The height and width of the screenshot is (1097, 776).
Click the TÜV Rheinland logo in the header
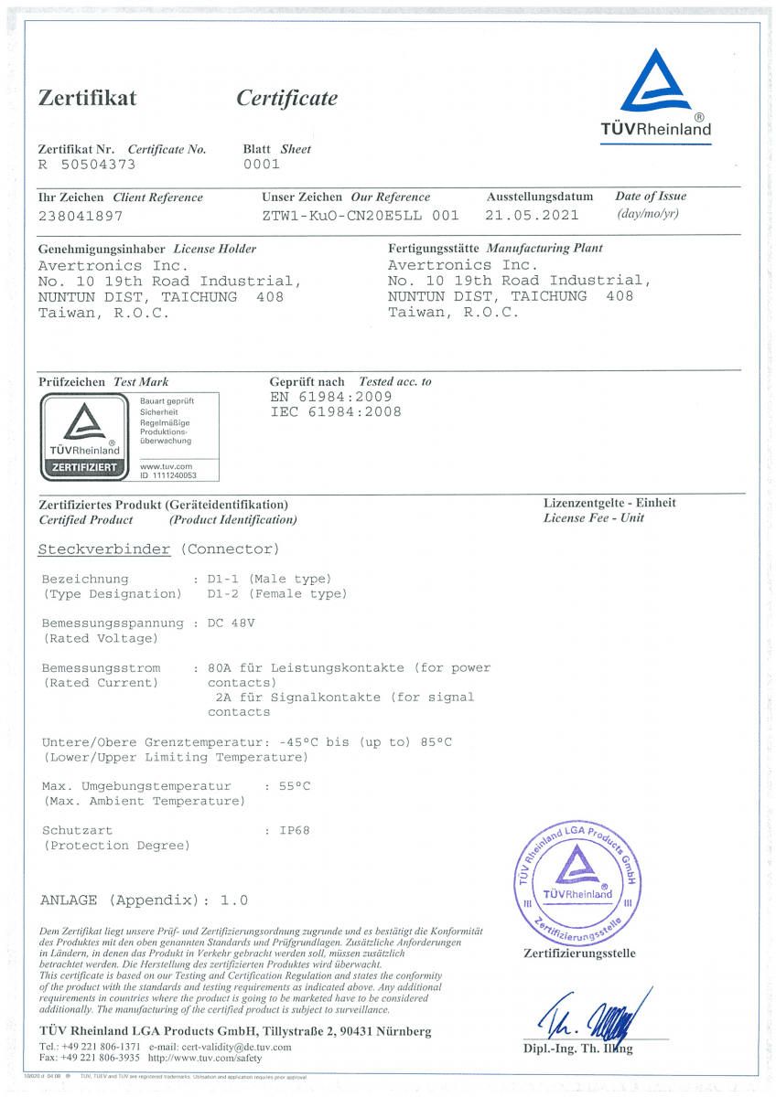pyautogui.click(x=655, y=91)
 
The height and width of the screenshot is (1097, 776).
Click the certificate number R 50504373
pyautogui.click(x=87, y=165)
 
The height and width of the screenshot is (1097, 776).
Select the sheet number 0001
pyautogui.click(x=262, y=165)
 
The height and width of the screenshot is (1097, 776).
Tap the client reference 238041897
pyautogui.click(x=81, y=216)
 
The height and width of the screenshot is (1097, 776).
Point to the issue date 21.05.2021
pyautogui.click(x=533, y=216)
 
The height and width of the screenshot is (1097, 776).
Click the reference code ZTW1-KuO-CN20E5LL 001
pyautogui.click(x=360, y=216)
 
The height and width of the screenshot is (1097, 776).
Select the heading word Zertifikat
pyautogui.click(x=87, y=99)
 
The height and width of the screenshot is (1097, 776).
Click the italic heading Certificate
pyautogui.click(x=286, y=99)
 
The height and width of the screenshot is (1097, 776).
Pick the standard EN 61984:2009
pyautogui.click(x=331, y=397)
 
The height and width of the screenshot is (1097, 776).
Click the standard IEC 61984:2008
pyautogui.click(x=336, y=412)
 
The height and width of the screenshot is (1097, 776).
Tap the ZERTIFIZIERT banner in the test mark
pyautogui.click(x=84, y=467)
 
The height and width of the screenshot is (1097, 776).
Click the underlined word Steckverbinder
pyautogui.click(x=104, y=549)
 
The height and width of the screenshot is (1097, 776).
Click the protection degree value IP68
pyautogui.click(x=295, y=831)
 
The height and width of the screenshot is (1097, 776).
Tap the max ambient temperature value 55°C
pyautogui.click(x=295, y=785)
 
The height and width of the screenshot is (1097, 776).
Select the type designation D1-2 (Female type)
pyautogui.click(x=277, y=594)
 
